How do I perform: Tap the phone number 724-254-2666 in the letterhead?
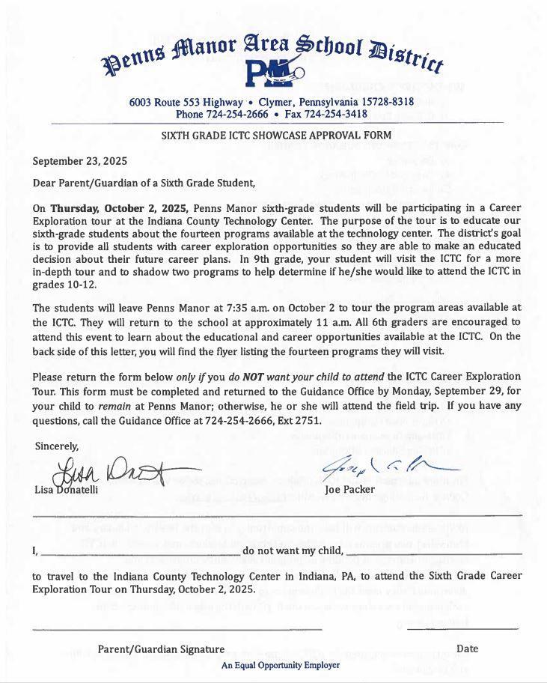(242, 114)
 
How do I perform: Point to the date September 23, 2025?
(80, 160)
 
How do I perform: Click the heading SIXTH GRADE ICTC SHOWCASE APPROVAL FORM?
(276, 136)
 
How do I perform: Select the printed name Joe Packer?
(350, 490)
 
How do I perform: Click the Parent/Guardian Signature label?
(161, 649)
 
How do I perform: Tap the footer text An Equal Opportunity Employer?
(280, 664)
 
